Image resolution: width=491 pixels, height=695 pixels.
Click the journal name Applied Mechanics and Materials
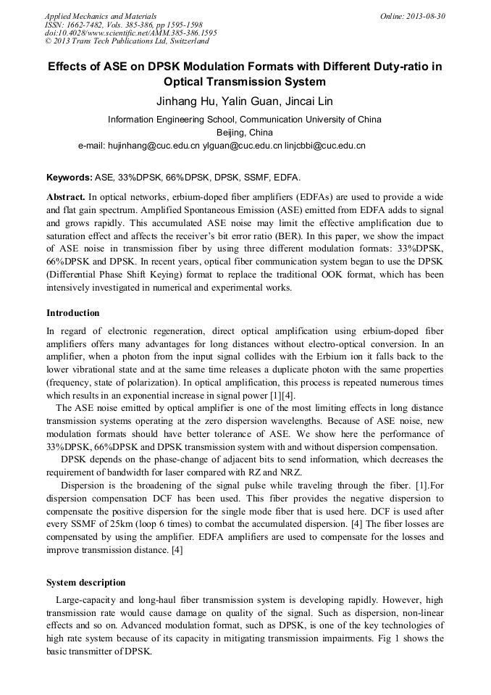click(101, 15)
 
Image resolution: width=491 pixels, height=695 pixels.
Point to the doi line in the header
click(130, 33)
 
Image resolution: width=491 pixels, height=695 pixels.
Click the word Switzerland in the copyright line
click(186, 41)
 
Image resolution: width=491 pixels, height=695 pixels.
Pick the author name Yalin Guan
click(248, 101)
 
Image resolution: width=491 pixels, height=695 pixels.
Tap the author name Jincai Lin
click(309, 101)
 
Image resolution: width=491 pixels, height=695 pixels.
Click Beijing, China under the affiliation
click(245, 133)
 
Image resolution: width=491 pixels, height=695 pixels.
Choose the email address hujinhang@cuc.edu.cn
click(153, 146)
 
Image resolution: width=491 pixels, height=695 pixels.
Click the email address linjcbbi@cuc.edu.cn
click(325, 146)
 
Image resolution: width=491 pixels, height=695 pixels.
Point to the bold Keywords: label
click(70, 178)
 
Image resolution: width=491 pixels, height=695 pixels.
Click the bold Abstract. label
click(66, 197)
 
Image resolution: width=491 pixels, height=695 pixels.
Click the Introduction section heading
click(73, 313)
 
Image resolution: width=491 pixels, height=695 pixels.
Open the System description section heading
click(86, 583)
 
